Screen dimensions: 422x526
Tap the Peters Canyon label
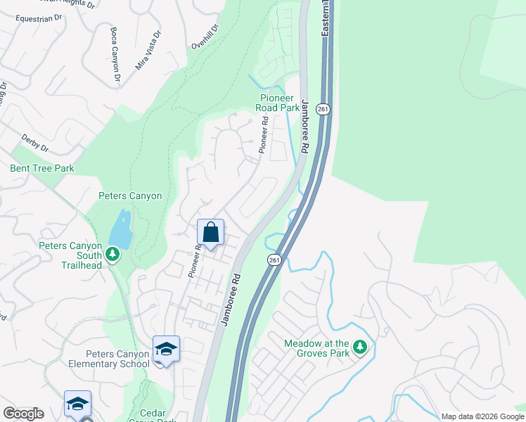(x=130, y=196)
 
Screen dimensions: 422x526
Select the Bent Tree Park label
(x=42, y=169)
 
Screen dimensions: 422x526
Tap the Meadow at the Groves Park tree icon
(x=360, y=347)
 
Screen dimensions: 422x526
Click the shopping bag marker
(x=211, y=233)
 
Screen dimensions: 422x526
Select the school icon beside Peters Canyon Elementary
(x=166, y=350)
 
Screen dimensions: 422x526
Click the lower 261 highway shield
(x=274, y=260)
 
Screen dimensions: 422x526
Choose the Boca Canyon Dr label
(x=115, y=54)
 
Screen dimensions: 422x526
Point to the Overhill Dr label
(x=206, y=37)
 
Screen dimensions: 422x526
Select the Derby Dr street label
(x=34, y=143)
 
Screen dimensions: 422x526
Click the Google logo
(x=23, y=414)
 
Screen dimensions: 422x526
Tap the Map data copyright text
(x=482, y=416)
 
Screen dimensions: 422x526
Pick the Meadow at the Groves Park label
(x=316, y=349)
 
